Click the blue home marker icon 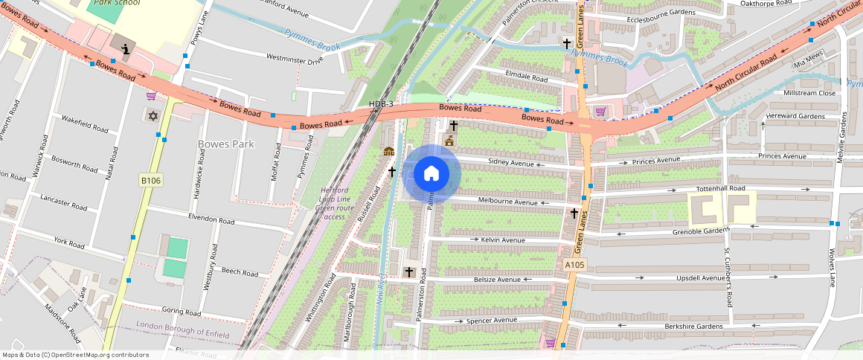431,174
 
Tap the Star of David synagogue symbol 154,116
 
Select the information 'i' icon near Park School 125,50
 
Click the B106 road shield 150,181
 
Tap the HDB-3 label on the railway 381,103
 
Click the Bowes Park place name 226,144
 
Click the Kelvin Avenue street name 503,240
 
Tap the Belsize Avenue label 497,280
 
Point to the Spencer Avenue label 491,321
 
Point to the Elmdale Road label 526,78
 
